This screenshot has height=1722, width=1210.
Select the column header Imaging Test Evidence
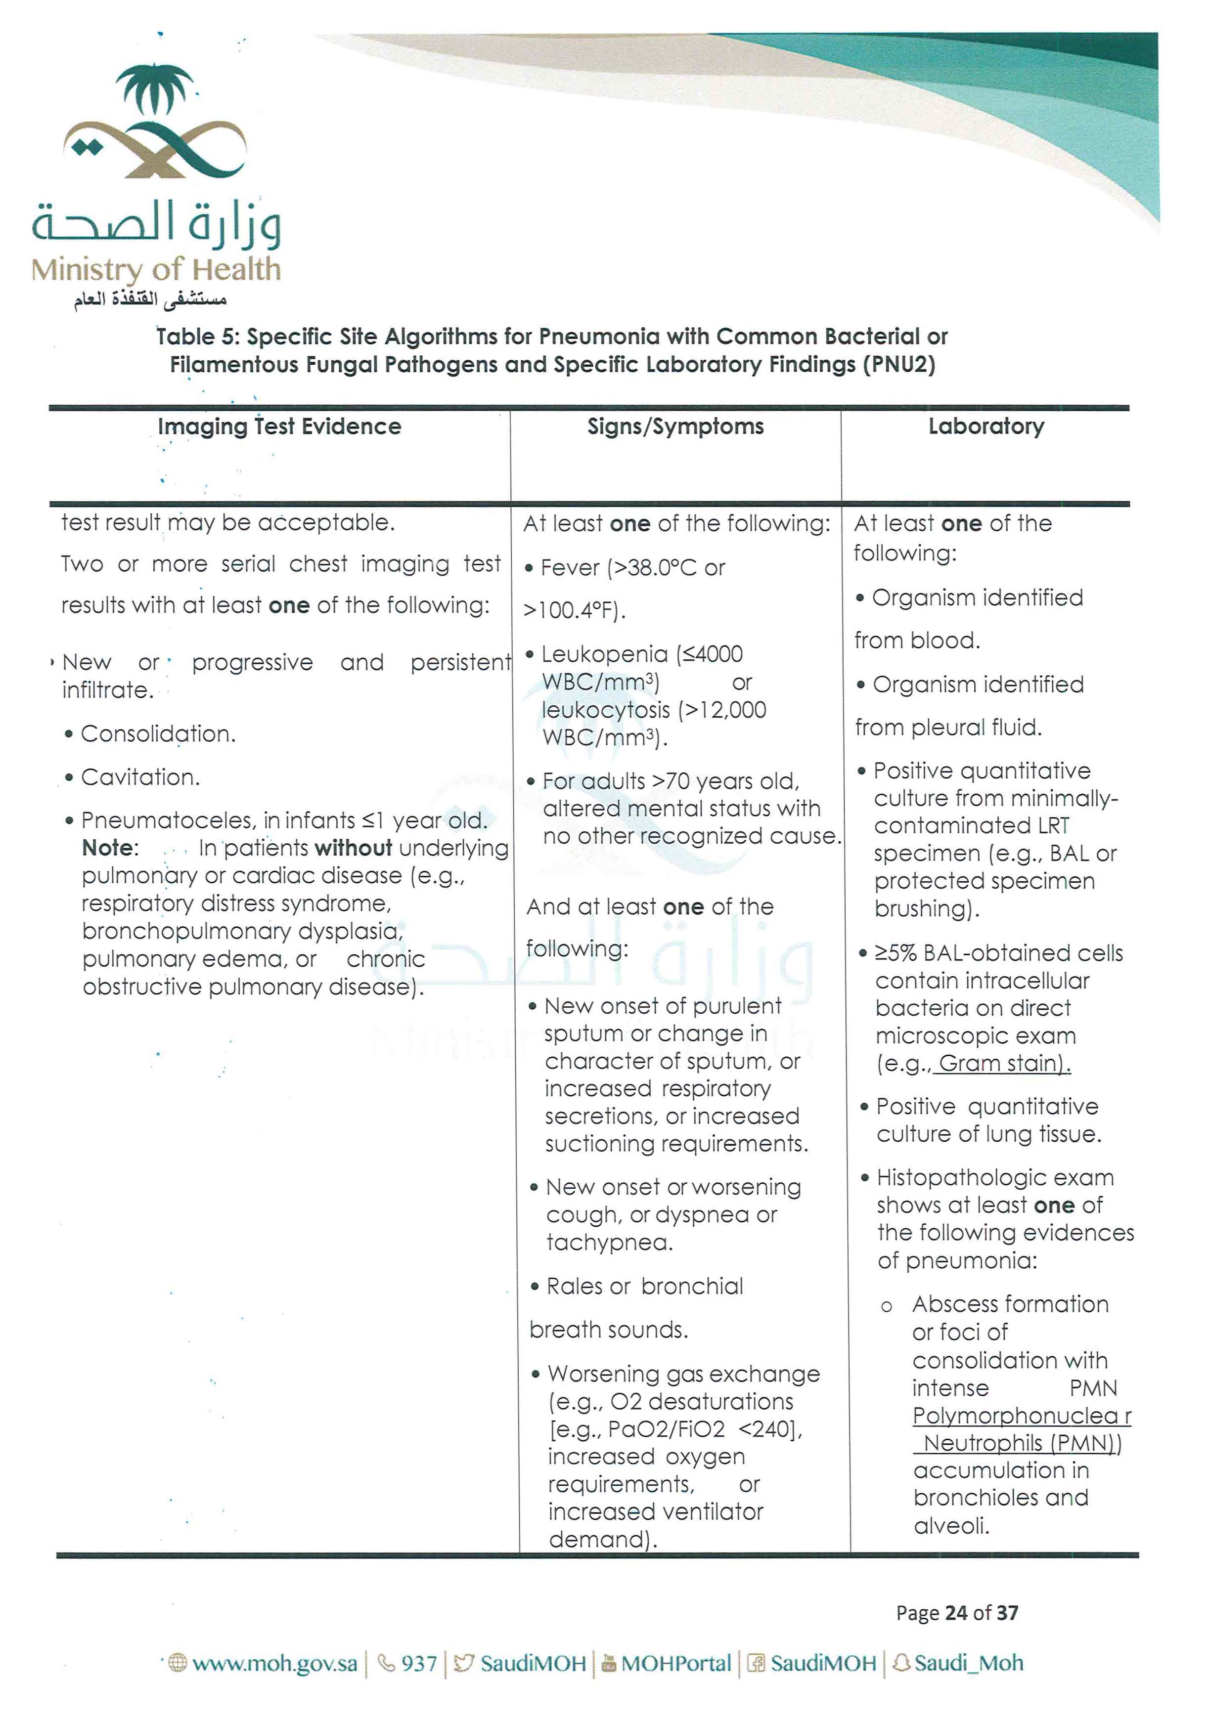click(279, 427)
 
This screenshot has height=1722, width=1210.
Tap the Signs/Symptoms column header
click(675, 427)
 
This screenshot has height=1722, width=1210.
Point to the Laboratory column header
click(986, 427)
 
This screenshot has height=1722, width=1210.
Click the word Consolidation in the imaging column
click(158, 733)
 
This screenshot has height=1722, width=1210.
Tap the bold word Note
click(109, 848)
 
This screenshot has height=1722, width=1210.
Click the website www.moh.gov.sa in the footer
click(274, 1664)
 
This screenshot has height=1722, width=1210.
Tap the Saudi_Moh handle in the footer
click(968, 1664)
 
